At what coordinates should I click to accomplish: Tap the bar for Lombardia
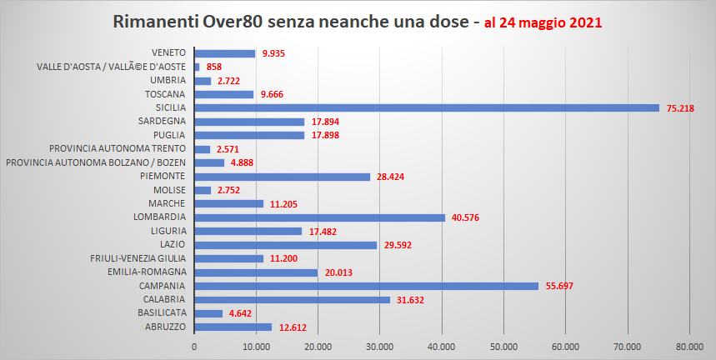319,217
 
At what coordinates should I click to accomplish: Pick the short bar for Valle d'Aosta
197,67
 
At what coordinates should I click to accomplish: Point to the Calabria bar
292,299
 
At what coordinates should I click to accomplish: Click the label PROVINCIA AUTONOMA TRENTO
117,148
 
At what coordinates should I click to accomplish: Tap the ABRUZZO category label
164,327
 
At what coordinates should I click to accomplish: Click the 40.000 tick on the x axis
442,347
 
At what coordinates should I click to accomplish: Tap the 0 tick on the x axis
194,347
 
